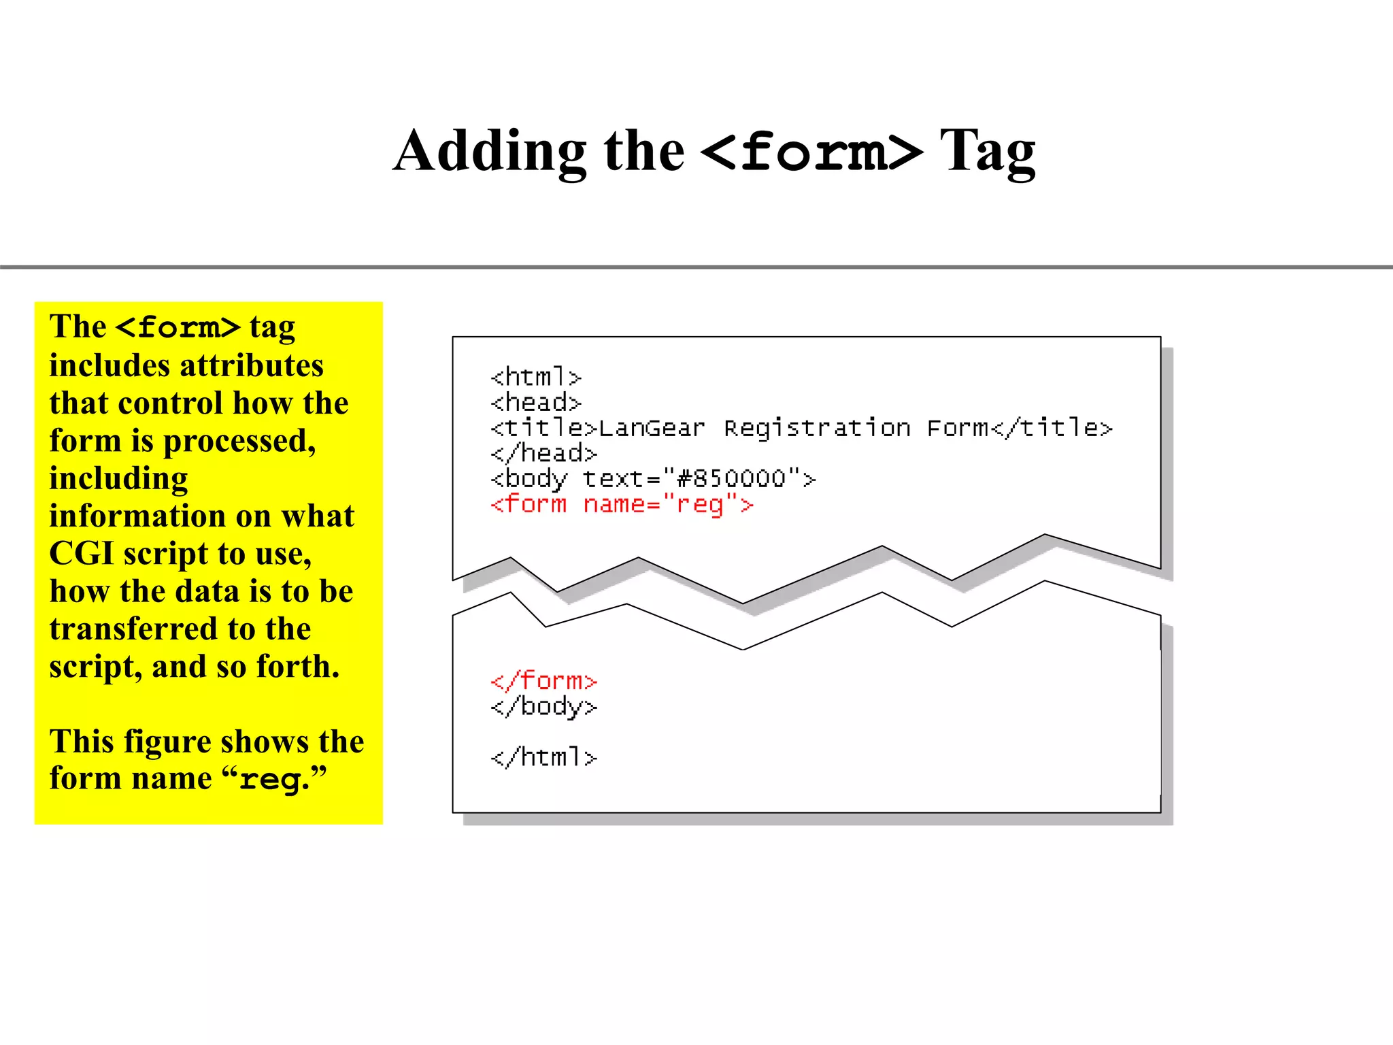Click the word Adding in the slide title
(490, 151)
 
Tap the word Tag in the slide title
(987, 151)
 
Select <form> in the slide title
(811, 151)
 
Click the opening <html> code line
(536, 377)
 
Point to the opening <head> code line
(536, 403)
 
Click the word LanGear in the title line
(651, 428)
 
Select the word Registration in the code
(817, 428)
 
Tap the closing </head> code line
(543, 453)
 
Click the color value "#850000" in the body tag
(731, 479)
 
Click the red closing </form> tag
(543, 681)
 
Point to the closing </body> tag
(543, 707)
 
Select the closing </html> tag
(543, 757)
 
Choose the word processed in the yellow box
(239, 442)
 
